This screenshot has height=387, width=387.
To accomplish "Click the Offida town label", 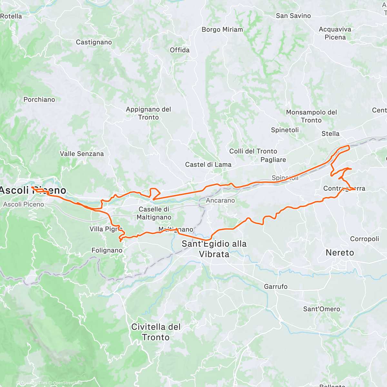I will point(180,50).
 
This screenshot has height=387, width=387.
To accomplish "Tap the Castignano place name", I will point(94,42).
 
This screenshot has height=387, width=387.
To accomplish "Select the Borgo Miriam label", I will point(222,29).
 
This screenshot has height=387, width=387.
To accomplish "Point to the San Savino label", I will point(293,16).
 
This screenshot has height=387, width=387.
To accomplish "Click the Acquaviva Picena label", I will point(335,33).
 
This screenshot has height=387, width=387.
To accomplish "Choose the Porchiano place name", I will point(39,100).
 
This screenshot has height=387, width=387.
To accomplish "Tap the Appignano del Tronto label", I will point(148,113).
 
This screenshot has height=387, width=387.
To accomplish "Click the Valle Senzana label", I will point(82,154).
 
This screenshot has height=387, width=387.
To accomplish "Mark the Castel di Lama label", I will point(208,164).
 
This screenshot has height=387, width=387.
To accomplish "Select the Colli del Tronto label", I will point(253,151).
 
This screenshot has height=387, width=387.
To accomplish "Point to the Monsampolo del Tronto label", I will point(311,116).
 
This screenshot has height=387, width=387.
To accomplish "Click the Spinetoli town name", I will point(285,130).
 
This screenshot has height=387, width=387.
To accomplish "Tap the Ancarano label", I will point(221,200).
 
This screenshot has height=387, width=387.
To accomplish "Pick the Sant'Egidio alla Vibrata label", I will point(214,249).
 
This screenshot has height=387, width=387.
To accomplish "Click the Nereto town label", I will point(340,253).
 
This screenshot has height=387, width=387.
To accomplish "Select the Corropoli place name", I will point(364,239).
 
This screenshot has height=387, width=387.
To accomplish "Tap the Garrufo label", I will point(275,286).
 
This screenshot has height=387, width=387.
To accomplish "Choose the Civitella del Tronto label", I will point(156,332).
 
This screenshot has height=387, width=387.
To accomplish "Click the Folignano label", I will point(107,250).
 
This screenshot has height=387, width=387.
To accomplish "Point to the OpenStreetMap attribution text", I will point(67,383).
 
